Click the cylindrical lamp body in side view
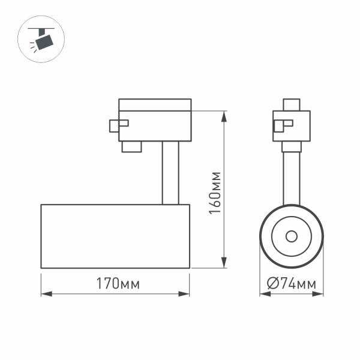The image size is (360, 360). (115, 236)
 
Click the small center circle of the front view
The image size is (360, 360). (292, 236)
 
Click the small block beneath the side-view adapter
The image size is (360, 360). (131, 146)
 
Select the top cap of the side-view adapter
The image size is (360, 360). (155, 104)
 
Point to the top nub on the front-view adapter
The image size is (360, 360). (292, 104)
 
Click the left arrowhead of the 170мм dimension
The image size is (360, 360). (44, 294)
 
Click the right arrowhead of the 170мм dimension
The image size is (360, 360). (186, 294)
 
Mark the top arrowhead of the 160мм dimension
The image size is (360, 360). (224, 115)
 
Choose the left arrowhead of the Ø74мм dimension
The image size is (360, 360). (263, 294)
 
